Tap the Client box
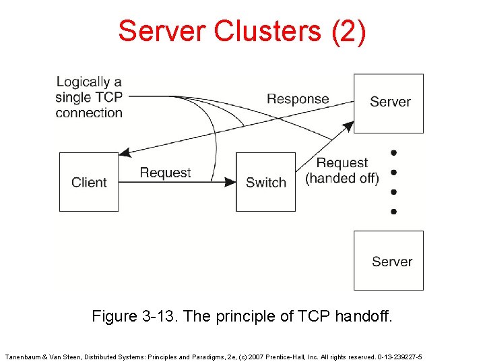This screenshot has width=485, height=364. coord(89,182)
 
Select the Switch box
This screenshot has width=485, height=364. coord(265,182)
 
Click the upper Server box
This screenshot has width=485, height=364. coord(389,102)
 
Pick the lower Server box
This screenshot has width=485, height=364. coord(389,261)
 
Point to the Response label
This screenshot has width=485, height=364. coord(298,99)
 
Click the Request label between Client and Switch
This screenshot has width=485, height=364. coord(165,173)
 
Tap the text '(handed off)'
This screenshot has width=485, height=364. coord(342,179)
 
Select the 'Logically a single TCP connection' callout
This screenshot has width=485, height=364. coord(89,97)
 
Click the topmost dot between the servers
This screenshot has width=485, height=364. coord(393,152)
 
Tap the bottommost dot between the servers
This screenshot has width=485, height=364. coord(393,211)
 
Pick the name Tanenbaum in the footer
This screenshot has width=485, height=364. coord(24,356)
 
